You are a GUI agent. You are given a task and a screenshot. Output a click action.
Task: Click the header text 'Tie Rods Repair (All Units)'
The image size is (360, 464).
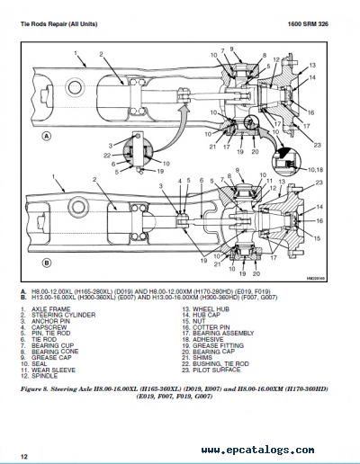60,22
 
